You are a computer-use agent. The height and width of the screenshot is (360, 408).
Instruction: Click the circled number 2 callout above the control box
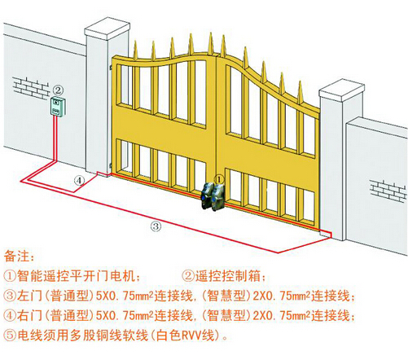(x=59, y=90)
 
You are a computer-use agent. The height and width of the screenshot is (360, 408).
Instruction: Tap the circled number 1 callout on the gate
(x=219, y=179)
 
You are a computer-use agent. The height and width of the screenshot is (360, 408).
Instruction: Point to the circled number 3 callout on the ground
(x=156, y=226)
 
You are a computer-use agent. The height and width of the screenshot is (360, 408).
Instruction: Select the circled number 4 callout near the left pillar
(x=79, y=180)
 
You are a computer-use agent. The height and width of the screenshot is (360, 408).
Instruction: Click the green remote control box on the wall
(x=58, y=107)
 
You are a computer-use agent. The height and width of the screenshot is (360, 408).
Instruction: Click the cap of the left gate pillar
(x=107, y=29)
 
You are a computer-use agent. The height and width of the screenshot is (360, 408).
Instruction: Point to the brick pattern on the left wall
(x=30, y=87)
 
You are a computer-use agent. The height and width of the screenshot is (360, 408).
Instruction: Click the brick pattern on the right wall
(x=388, y=190)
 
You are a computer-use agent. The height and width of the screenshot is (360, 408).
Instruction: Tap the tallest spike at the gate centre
(x=211, y=43)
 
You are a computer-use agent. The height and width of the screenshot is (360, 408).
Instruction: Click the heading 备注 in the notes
(x=17, y=257)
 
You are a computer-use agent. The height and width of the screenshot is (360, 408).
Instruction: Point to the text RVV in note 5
(x=191, y=336)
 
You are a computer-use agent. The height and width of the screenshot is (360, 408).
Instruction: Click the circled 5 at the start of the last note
(x=10, y=336)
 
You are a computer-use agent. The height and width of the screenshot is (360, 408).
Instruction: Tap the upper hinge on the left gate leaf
(x=111, y=67)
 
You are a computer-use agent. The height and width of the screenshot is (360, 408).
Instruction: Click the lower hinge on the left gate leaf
(x=111, y=165)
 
